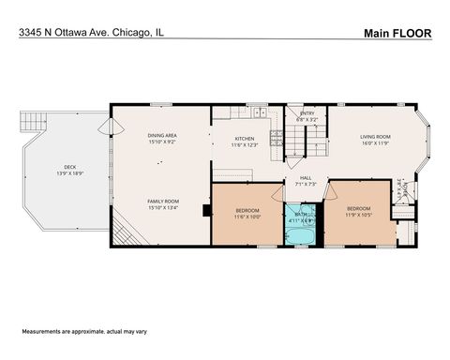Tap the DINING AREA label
tap(162, 136)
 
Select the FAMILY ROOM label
tap(162, 201)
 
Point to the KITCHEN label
tap(245, 139)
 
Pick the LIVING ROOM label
tap(375, 137)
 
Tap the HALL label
tap(306, 176)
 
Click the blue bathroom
tap(302, 225)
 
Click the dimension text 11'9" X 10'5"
tap(358, 216)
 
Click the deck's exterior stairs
tap(126, 229)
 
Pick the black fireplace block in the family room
tap(203, 210)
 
